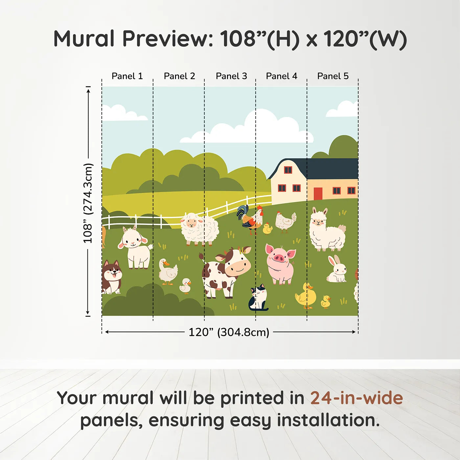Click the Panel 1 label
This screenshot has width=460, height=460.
(x=127, y=76)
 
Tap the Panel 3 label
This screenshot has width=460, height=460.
(x=231, y=76)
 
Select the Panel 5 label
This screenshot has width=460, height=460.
(x=333, y=76)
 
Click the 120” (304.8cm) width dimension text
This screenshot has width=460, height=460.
(x=229, y=332)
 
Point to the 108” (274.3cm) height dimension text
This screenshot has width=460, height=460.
(x=88, y=203)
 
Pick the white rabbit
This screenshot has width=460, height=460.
(x=337, y=270)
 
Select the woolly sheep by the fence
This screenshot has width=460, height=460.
(x=199, y=229)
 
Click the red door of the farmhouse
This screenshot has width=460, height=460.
(x=318, y=194)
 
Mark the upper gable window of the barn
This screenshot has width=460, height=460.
(x=288, y=170)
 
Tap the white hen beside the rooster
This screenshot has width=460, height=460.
(x=285, y=222)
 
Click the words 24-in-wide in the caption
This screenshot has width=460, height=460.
(x=356, y=398)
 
